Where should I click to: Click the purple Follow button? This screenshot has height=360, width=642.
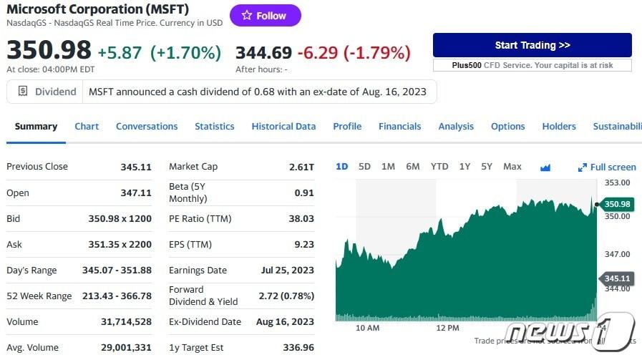(x=265, y=16)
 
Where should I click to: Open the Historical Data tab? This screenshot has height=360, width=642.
(x=283, y=127)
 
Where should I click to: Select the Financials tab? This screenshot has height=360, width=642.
(x=399, y=127)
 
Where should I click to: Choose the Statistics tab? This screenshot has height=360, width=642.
(x=214, y=127)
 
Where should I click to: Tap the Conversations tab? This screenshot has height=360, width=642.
(x=147, y=127)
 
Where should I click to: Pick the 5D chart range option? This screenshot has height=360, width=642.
(x=364, y=167)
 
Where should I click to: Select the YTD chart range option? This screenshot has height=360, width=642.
(x=439, y=167)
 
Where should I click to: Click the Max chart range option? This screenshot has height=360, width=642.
(x=512, y=167)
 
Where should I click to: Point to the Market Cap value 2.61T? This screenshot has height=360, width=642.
(x=301, y=167)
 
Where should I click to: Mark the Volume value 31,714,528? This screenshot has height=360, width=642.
(x=126, y=322)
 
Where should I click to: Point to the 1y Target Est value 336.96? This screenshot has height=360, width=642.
(x=298, y=348)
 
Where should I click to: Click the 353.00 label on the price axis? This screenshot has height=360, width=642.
(x=617, y=183)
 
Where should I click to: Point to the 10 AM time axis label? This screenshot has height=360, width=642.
(x=367, y=328)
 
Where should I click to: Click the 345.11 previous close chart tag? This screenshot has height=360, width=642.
(x=616, y=278)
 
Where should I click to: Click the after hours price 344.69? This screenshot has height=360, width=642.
(x=263, y=52)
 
